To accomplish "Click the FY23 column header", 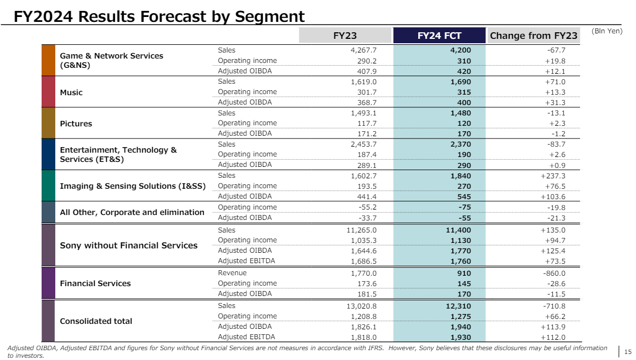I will point(345,36).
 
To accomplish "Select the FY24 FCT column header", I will point(439,36).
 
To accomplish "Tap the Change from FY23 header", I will point(533,36).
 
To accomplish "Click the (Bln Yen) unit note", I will point(607,31).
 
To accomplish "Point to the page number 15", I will point(628,352).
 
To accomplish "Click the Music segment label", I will point(71,92).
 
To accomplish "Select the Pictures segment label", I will point(76,124).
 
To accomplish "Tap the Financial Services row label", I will point(95,283).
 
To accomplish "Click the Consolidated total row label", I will point(96,321).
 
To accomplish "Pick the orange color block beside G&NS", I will point(49,60).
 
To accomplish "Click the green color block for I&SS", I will point(49,185).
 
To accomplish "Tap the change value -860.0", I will point(553,274).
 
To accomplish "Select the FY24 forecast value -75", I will point(462,207).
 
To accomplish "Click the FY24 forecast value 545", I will point(462,196).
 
